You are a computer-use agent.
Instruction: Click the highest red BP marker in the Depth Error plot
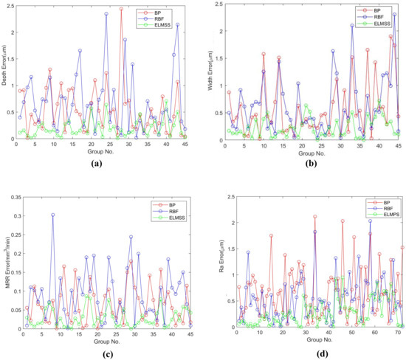[x=121, y=9]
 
